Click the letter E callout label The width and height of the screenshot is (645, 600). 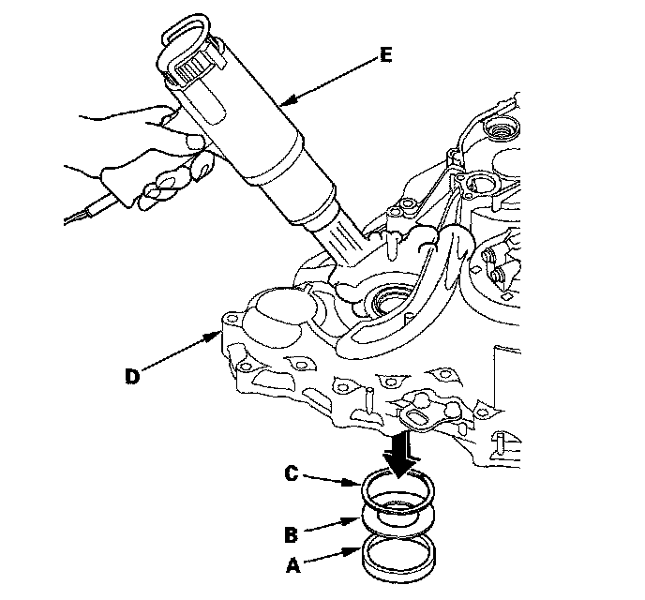(385, 54)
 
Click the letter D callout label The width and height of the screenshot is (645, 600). (132, 376)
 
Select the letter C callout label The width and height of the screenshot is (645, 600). (292, 473)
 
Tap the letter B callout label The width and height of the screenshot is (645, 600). (292, 535)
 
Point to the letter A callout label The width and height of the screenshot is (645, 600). (292, 565)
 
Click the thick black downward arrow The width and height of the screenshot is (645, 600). (402, 455)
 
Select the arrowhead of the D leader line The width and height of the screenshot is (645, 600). (216, 337)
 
